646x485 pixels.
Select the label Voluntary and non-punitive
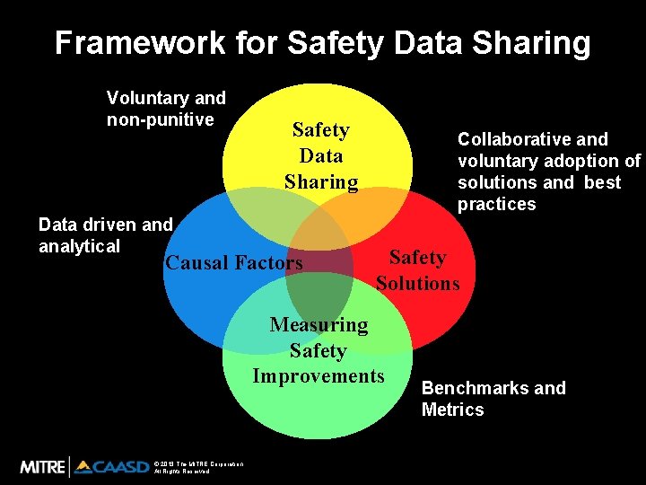click(166, 109)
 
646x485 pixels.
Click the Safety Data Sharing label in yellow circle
click(321, 156)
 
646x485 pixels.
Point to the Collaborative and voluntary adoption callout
click(548, 172)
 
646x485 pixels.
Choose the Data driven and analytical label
click(105, 235)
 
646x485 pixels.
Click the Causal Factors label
click(234, 263)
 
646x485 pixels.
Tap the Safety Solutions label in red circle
click(417, 270)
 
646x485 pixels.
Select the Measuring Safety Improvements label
click(319, 350)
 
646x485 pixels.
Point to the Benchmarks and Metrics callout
click(493, 399)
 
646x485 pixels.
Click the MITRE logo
click(42, 466)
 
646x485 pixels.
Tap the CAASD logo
click(111, 466)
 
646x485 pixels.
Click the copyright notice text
click(198, 467)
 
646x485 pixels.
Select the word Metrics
click(452, 410)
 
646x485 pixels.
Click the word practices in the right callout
click(496, 205)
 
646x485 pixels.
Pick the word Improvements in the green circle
click(319, 375)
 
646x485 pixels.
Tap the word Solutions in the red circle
click(417, 284)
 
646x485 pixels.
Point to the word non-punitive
click(160, 120)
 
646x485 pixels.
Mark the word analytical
click(79, 246)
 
